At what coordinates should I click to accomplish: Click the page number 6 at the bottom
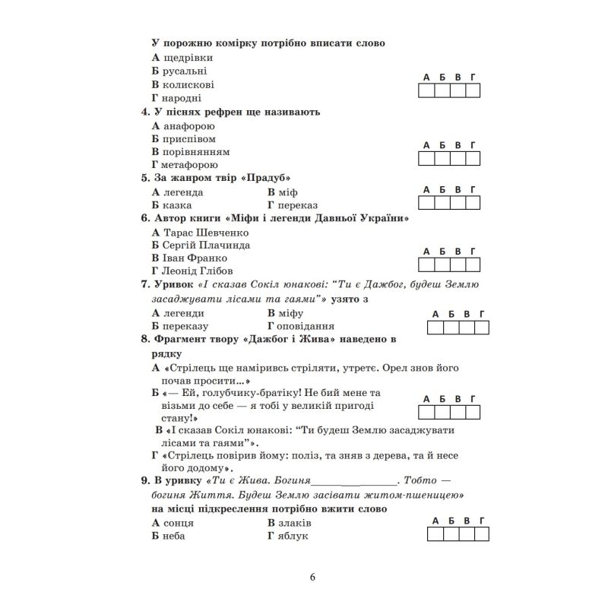click(312, 575)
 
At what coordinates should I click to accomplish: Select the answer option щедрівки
click(187, 57)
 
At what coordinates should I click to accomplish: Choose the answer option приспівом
click(188, 139)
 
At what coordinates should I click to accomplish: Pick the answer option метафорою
click(189, 165)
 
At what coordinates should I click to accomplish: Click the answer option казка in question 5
click(177, 204)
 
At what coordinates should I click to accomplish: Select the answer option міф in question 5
click(288, 192)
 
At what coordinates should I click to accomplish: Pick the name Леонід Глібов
click(198, 271)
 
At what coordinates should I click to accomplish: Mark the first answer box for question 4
click(427, 158)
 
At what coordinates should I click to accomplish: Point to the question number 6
click(145, 218)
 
